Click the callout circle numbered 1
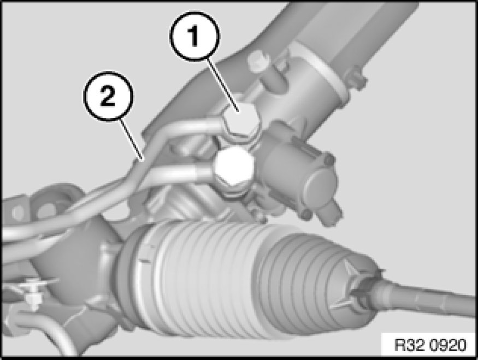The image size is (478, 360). (x=194, y=36)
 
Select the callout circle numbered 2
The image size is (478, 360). (x=108, y=96)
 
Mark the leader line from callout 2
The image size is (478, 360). (x=132, y=140)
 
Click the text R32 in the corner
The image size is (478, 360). (x=411, y=345)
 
